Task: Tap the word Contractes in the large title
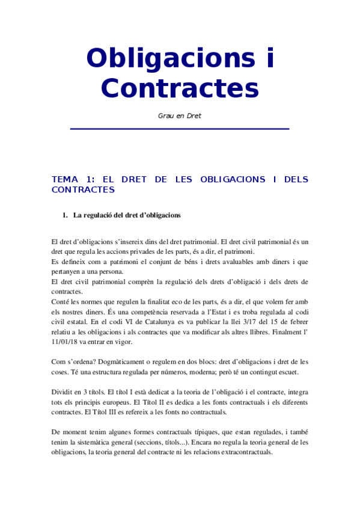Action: [x=180, y=88]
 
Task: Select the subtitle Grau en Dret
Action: [x=180, y=116]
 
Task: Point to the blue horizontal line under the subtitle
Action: [x=180, y=129]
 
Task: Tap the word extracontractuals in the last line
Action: [x=240, y=452]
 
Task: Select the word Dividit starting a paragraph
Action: [x=63, y=391]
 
